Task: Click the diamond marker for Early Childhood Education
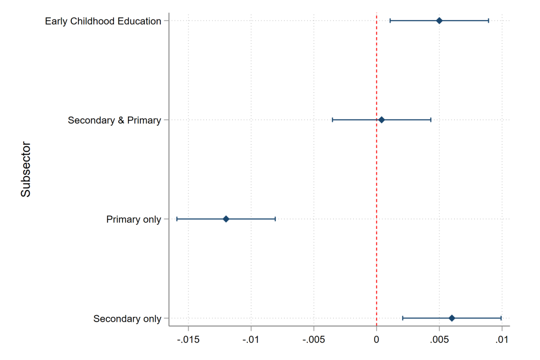[x=439, y=21]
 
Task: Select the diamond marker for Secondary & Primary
[x=381, y=120]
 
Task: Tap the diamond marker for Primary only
[x=226, y=219]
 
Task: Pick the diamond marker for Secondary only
[x=452, y=318]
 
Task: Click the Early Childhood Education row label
[x=103, y=21]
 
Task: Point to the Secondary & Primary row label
[x=114, y=120]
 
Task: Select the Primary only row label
[x=134, y=220]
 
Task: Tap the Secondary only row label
[x=127, y=319]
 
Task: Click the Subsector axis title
[x=26, y=169]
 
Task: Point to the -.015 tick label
[x=188, y=341]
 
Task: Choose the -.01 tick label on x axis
[x=251, y=341]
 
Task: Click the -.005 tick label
[x=313, y=341]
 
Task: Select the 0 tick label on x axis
[x=376, y=341]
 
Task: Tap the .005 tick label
[x=439, y=341]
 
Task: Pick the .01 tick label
[x=502, y=341]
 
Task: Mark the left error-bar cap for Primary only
[x=177, y=219]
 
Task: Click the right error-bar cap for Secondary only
[x=501, y=318]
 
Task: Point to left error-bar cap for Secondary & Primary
[x=333, y=120]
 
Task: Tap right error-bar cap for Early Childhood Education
[x=489, y=21]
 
